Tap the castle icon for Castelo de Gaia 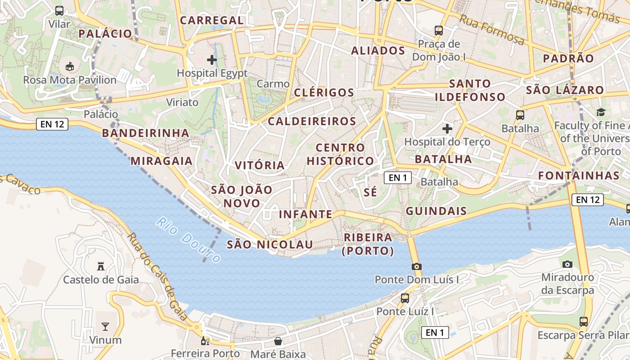101,266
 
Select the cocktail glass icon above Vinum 105,326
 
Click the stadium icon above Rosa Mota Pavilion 70,67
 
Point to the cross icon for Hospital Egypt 212,59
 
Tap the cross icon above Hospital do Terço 447,129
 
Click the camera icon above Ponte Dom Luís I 416,266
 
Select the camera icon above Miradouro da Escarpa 567,264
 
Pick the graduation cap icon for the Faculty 601,112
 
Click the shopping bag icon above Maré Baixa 278,341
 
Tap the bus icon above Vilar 59,11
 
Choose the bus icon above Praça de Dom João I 439,31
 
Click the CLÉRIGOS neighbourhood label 324,93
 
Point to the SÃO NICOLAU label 270,244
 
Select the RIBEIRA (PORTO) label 368,244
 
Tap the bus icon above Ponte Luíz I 405,298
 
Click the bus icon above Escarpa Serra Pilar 584,322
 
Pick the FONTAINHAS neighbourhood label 579,175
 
